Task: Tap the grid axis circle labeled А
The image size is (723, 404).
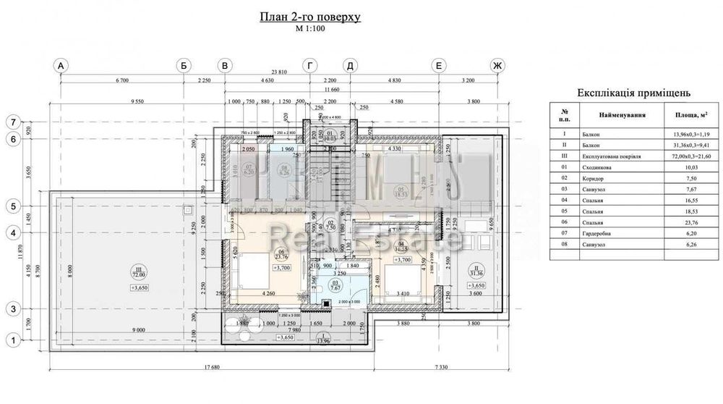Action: point(61,66)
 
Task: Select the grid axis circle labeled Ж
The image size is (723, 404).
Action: point(496,66)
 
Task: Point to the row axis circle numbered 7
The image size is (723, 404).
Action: point(12,122)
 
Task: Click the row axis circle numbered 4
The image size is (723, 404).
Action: point(12,233)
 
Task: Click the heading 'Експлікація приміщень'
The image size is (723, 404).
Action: point(634,93)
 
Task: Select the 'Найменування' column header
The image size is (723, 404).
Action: point(621,114)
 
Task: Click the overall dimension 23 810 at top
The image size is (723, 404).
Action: point(278,72)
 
